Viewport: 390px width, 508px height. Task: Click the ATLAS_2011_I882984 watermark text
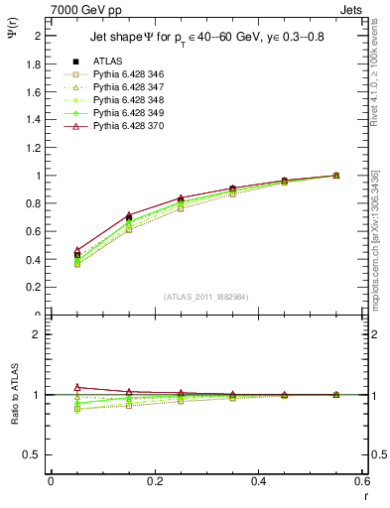click(207, 297)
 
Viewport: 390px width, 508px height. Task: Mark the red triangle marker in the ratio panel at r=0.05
click(76, 387)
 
